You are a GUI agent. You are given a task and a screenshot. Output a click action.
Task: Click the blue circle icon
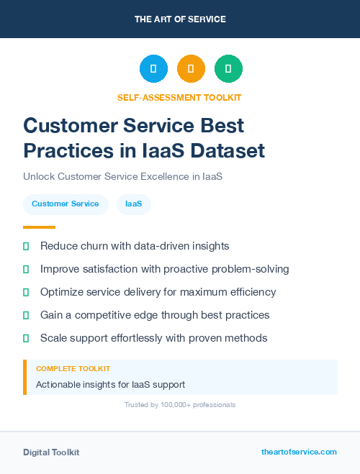pyautogui.click(x=153, y=68)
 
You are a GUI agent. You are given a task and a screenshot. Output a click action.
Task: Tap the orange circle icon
pyautogui.click(x=191, y=68)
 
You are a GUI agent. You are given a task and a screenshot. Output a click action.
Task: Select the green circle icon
pyautogui.click(x=228, y=68)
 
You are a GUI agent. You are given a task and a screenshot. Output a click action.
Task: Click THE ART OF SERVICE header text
pyautogui.click(x=180, y=19)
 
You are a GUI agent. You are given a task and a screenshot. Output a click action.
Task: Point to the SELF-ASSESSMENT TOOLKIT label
pyautogui.click(x=179, y=97)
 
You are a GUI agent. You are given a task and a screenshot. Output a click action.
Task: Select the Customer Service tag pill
pyautogui.click(x=66, y=204)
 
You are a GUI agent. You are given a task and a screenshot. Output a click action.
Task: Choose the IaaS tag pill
pyautogui.click(x=133, y=204)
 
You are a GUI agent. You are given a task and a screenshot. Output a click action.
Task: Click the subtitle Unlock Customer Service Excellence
pyautogui.click(x=122, y=176)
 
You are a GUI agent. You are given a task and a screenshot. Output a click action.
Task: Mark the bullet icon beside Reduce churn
pyautogui.click(x=26, y=246)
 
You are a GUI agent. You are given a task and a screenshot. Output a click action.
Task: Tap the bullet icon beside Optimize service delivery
pyautogui.click(x=26, y=292)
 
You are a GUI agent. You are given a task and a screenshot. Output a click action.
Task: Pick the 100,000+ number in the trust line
pyautogui.click(x=177, y=405)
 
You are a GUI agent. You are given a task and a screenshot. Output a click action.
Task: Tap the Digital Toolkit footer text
pyautogui.click(x=51, y=452)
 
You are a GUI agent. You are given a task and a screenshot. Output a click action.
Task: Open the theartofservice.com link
pyautogui.click(x=299, y=452)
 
